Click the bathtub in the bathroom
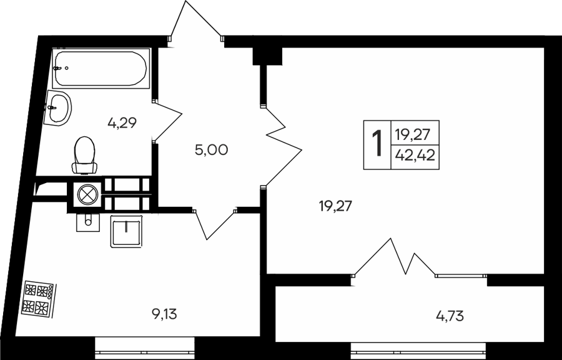101,69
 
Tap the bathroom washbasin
57,108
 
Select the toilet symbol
85,155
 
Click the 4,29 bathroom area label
122,123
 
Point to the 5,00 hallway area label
212,150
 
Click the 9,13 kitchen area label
164,314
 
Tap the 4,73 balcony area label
450,316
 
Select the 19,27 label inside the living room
336,206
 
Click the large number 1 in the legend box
377,144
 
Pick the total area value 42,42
415,156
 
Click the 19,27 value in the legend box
412,135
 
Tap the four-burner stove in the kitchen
38,299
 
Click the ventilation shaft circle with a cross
87,195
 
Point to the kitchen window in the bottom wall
144,347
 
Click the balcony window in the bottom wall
418,349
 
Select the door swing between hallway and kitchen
214,224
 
